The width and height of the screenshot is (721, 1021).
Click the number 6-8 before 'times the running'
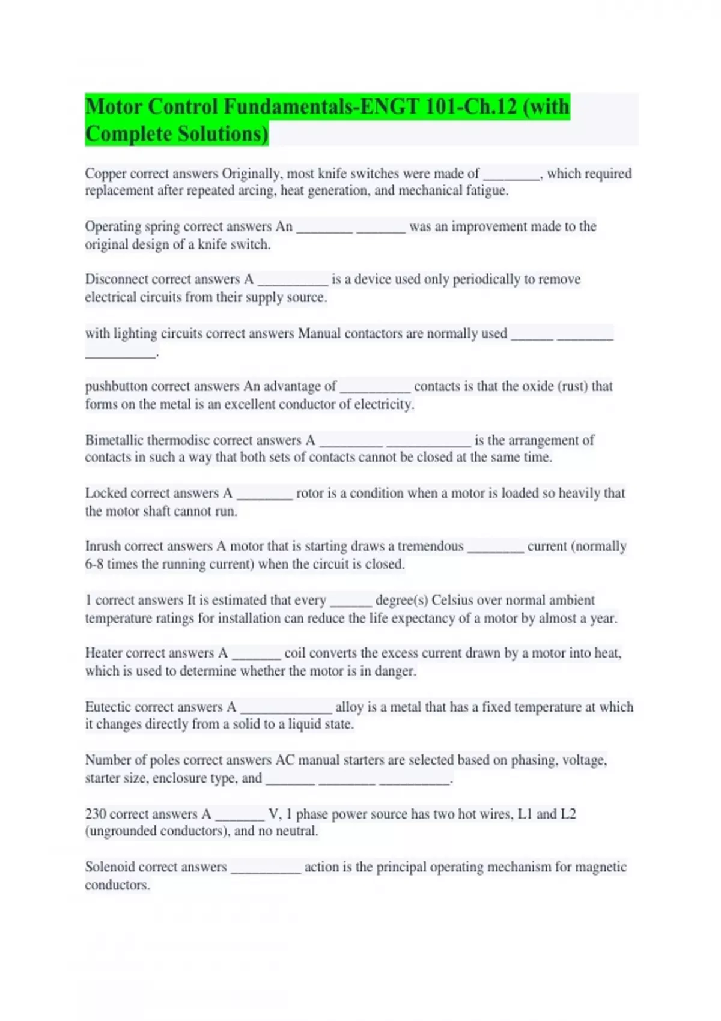94,564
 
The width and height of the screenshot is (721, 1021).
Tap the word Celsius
452,600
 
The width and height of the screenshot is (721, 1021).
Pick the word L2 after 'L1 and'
568,814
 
